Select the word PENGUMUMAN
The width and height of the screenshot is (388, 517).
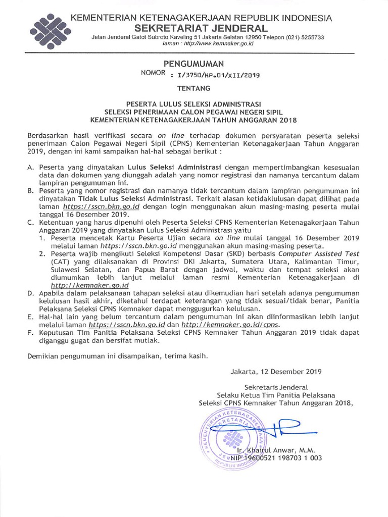(193, 64)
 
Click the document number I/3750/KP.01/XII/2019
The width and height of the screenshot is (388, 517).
(216, 75)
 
